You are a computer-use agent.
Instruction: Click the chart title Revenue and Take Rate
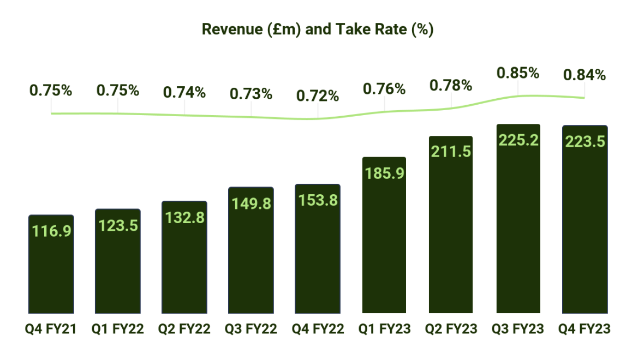317,29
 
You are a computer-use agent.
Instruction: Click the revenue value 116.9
51,231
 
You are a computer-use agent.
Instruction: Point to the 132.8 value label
184,217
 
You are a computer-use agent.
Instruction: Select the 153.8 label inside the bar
318,200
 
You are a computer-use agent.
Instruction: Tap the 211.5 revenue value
451,152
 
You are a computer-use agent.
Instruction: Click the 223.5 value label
585,142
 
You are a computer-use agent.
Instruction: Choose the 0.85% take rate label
518,73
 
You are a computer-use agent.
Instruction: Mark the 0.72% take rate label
318,97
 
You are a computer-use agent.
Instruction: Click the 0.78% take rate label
451,85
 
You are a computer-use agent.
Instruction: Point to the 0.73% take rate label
251,94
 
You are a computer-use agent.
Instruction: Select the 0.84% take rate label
585,75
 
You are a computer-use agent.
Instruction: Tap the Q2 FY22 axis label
184,329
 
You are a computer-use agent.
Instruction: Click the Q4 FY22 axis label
318,329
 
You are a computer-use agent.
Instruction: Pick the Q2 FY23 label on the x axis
451,329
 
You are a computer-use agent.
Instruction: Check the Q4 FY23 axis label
585,329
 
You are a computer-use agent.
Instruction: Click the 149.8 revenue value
251,203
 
